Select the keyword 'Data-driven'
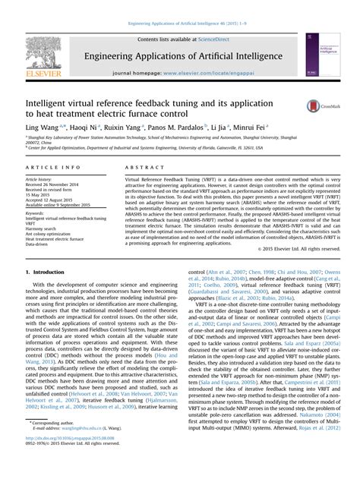[39, 247]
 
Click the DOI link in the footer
[68, 460]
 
